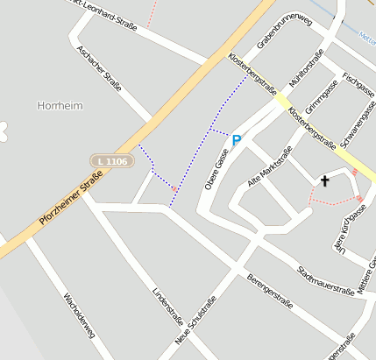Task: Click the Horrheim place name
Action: [x=60, y=105]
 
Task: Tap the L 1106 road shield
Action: [x=112, y=161]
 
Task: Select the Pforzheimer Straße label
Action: [x=71, y=201]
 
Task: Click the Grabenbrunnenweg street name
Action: [x=285, y=32]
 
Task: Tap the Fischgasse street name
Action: [x=358, y=85]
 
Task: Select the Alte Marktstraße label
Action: [x=269, y=166]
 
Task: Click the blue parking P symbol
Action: [x=237, y=139]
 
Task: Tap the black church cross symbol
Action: [x=325, y=181]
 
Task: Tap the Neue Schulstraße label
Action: [x=196, y=320]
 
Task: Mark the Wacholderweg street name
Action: [x=79, y=315]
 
